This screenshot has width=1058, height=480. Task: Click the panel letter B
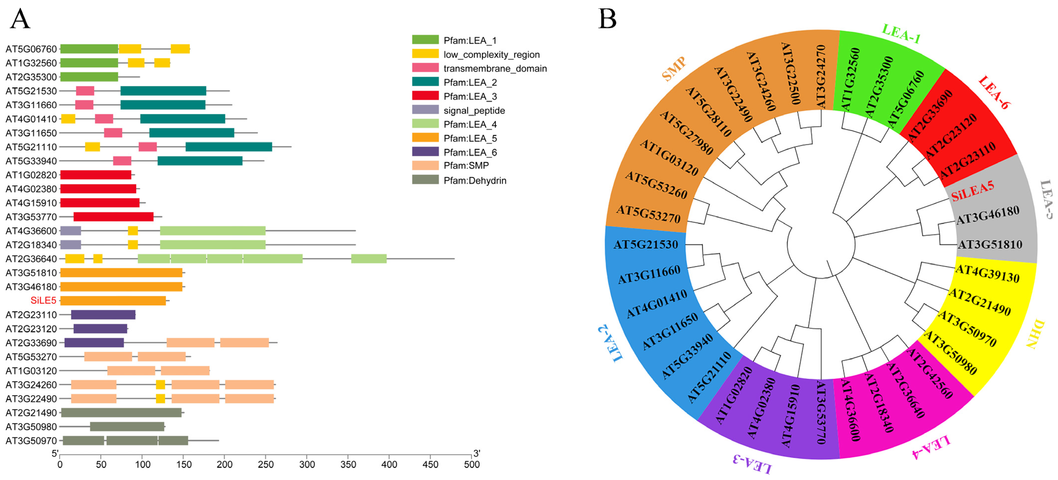pos(607,19)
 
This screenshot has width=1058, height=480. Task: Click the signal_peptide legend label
pos(474,111)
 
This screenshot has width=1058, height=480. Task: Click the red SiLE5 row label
pos(43,301)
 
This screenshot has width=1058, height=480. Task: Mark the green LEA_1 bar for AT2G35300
pos(89,77)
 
